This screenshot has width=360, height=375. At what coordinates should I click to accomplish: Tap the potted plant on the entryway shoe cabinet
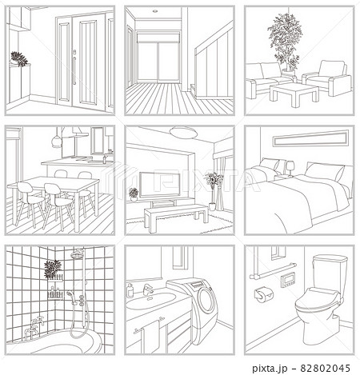pos(18,59)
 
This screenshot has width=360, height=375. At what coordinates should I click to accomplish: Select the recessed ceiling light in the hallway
pos(155,11)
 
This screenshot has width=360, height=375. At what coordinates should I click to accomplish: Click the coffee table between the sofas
pos(294,94)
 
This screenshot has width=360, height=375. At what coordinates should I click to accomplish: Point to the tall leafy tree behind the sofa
pos(286,42)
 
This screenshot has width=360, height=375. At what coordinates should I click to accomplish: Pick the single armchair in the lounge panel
pos(327,78)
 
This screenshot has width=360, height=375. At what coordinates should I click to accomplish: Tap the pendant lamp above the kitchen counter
pos(57,141)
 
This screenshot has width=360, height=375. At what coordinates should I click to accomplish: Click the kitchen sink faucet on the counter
pos(105,158)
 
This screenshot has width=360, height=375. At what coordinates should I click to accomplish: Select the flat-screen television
pos(160,185)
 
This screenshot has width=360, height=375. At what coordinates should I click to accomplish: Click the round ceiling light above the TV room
pos(183,133)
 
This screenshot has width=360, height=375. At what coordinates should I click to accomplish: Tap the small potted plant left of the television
pos(134,194)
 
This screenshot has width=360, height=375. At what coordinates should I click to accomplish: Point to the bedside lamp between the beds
pos(290,169)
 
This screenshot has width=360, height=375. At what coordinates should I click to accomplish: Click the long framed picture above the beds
pos(311,138)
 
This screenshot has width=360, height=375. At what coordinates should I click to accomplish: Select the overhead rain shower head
pos(78,253)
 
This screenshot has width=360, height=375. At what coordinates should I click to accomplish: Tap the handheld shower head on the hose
pos(70,294)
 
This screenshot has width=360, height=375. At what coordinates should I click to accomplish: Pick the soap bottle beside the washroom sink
pos(130,290)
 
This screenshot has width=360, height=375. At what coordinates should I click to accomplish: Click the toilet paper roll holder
pos(264,294)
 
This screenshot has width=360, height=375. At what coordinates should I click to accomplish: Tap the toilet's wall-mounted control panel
pos(287,281)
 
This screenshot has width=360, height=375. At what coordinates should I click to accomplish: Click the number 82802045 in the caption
pos(325,369)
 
